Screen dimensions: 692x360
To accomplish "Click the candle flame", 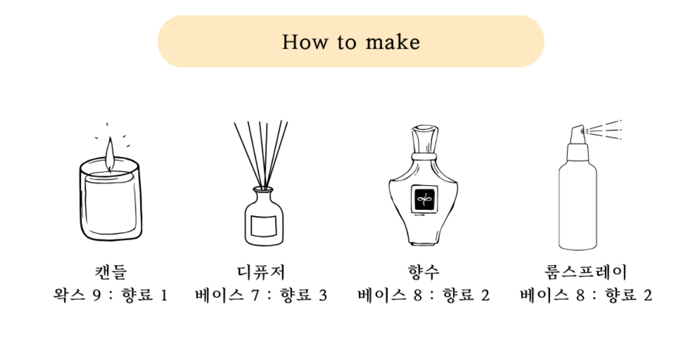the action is tap(109, 154).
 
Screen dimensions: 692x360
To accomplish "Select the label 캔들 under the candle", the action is tap(111, 272).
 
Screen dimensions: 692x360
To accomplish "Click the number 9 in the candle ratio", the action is tap(96, 295).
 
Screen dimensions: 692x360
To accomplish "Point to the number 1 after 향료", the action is tap(164, 295).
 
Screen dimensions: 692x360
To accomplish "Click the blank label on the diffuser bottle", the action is tap(264, 226).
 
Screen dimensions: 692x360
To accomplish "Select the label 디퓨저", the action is tap(261, 272).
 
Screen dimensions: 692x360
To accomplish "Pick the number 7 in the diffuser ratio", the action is tap(255, 295).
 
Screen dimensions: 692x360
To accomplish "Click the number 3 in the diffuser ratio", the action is tap(323, 295).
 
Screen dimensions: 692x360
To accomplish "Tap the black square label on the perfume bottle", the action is tap(424, 200).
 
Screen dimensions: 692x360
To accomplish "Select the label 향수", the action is tap(424, 272).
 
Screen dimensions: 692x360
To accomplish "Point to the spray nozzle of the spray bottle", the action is tap(578, 132).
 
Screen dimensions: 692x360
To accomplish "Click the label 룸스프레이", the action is tap(586, 272).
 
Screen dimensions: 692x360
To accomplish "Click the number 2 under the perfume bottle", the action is tap(485, 295).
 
